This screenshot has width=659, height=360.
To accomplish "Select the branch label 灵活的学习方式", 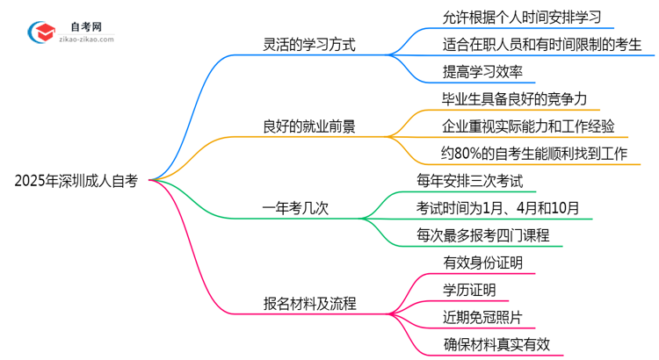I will pyautogui.click(x=308, y=44).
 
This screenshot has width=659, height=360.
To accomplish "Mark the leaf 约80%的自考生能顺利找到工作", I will pyautogui.click(x=534, y=154).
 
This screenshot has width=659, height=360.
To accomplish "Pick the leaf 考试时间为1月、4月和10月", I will pyautogui.click(x=498, y=208).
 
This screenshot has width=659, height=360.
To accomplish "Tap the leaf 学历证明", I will pyautogui.click(x=469, y=290).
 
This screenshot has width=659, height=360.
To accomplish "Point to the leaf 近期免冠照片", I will pyautogui.click(x=483, y=317).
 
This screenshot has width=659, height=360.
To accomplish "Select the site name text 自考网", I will pyautogui.click(x=84, y=25).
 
